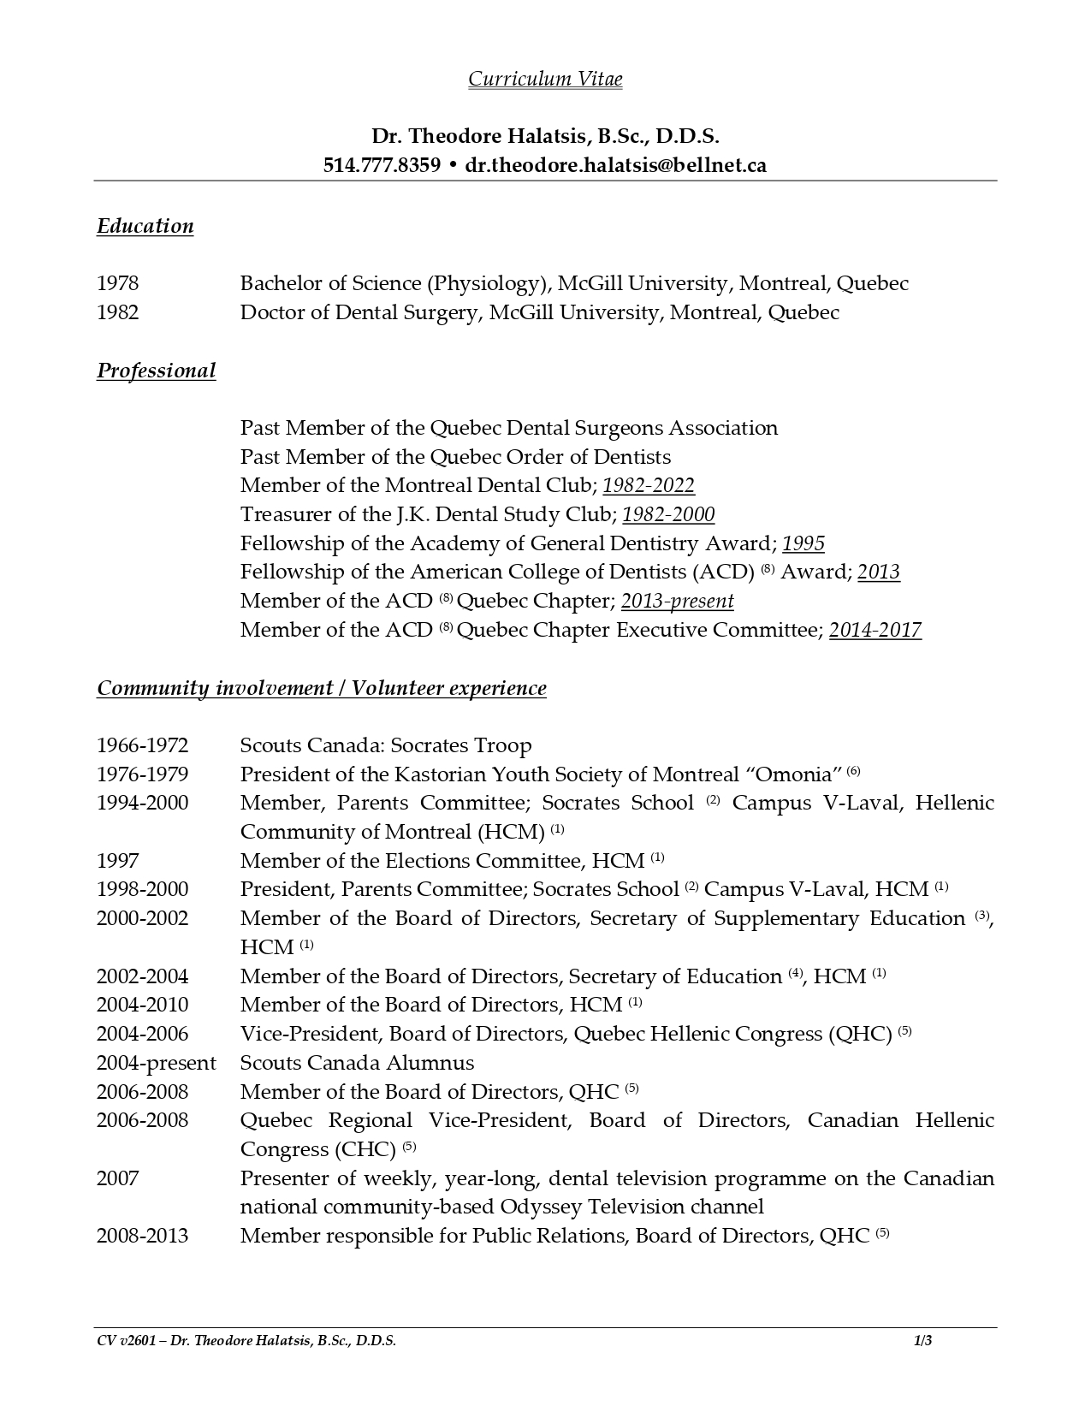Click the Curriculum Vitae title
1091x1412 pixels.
[545, 80]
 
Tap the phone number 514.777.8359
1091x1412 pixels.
[382, 165]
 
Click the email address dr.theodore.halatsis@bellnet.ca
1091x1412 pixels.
[615, 165]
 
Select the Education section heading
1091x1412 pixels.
[145, 226]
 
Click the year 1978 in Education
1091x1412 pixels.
[117, 283]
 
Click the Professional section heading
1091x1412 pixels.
[156, 371]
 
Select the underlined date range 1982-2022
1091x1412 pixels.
[649, 486]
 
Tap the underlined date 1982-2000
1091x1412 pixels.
[668, 515]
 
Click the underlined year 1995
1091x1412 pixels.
[803, 544]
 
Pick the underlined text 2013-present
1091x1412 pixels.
[677, 602]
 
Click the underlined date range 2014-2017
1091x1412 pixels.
[875, 631]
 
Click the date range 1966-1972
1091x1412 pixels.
[142, 745]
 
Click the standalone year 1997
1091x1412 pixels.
[117, 861]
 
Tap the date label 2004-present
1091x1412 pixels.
[156, 1063]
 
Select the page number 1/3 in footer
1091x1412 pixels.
[922, 1341]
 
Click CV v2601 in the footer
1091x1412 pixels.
[127, 1341]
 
